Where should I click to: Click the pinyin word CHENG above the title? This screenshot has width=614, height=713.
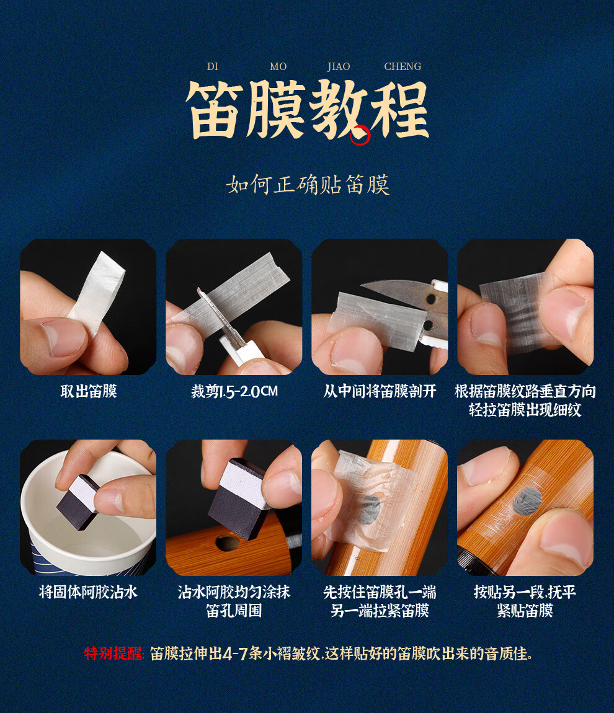[x=403, y=66]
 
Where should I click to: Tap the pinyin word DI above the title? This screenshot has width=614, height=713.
[x=212, y=66]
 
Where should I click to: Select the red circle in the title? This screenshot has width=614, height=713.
[x=360, y=135]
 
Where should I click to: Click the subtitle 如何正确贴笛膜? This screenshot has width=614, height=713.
[x=308, y=185]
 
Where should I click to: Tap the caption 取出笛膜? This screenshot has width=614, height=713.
[x=89, y=391]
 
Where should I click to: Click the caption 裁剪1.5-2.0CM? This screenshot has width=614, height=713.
[x=234, y=391]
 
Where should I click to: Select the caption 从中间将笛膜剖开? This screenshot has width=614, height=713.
[x=380, y=391]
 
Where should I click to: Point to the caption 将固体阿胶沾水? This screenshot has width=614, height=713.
[x=88, y=592]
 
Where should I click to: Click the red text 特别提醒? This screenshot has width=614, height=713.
[x=113, y=654]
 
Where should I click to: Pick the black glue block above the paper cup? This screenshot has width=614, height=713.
[x=78, y=502]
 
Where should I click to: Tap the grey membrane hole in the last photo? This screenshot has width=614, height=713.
[x=527, y=502]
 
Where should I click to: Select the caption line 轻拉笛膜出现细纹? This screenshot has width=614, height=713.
[x=525, y=410]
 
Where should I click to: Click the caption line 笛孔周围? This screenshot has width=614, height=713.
[x=234, y=611]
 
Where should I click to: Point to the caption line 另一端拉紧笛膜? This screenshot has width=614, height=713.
[x=380, y=611]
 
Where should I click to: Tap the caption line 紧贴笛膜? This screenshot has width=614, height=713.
[x=525, y=611]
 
